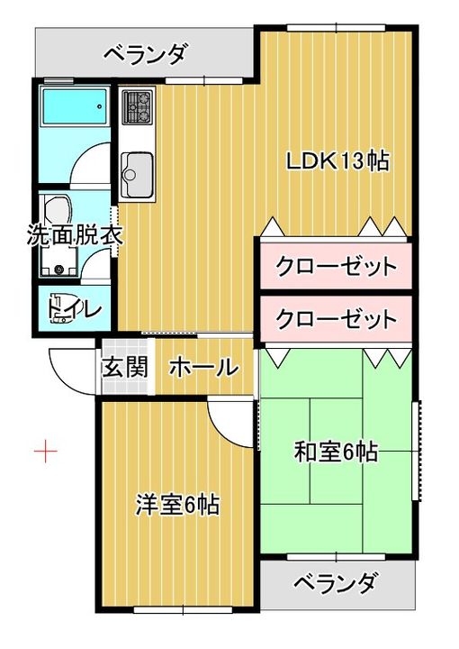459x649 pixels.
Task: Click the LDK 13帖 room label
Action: coord(337,161)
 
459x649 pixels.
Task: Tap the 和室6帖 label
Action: coord(336,452)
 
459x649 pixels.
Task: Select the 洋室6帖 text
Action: coord(177,504)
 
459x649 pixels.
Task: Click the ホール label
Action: coord(204,367)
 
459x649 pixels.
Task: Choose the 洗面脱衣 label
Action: coord(75,236)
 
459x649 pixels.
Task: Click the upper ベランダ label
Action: coord(144,54)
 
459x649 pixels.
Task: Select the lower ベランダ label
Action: coord(335,583)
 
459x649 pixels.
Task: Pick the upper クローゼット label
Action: coord(337,266)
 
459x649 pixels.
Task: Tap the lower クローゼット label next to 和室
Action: coord(337,319)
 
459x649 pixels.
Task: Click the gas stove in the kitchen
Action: coord(137,106)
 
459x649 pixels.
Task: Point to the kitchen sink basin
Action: coord(137,174)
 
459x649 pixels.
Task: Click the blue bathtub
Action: coord(75,106)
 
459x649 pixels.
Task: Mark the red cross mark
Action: coord(45,450)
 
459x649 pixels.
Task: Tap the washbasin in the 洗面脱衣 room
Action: coord(58,208)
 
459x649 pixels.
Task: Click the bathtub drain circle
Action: coord(100,106)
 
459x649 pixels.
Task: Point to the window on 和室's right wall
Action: coord(418,451)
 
